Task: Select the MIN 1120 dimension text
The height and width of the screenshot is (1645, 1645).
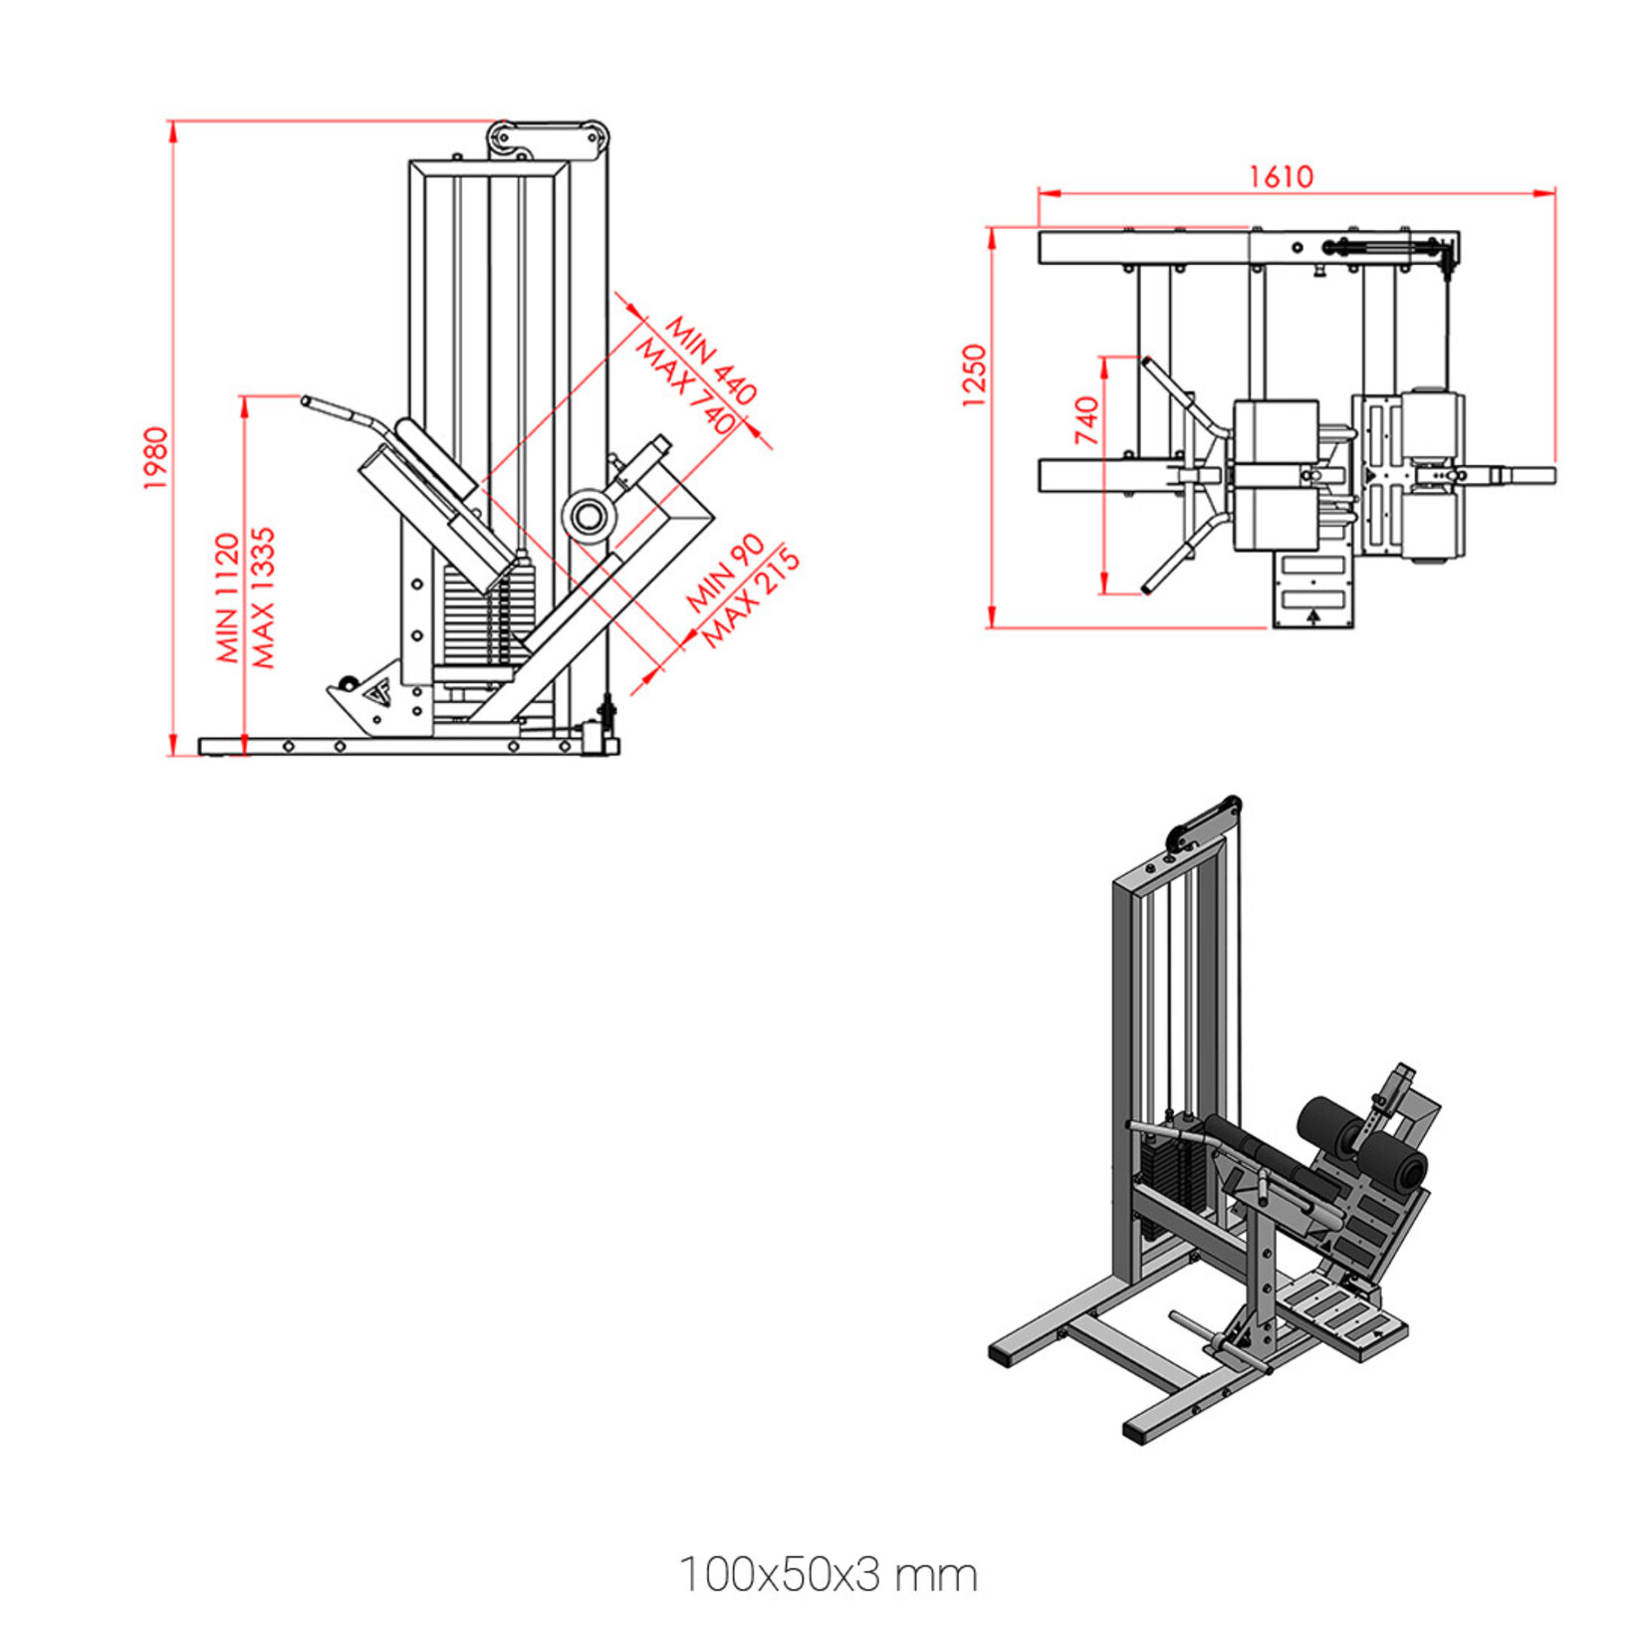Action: (228, 598)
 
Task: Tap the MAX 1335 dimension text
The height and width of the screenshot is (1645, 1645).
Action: (262, 598)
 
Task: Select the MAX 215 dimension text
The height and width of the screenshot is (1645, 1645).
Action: (752, 596)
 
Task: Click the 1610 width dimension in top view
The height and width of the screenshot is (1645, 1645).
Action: (1282, 176)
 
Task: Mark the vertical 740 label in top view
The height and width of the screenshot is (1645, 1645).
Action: (1086, 420)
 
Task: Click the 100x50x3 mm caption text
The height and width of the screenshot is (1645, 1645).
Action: (827, 1575)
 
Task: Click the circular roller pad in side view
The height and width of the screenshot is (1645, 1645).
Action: (587, 516)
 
